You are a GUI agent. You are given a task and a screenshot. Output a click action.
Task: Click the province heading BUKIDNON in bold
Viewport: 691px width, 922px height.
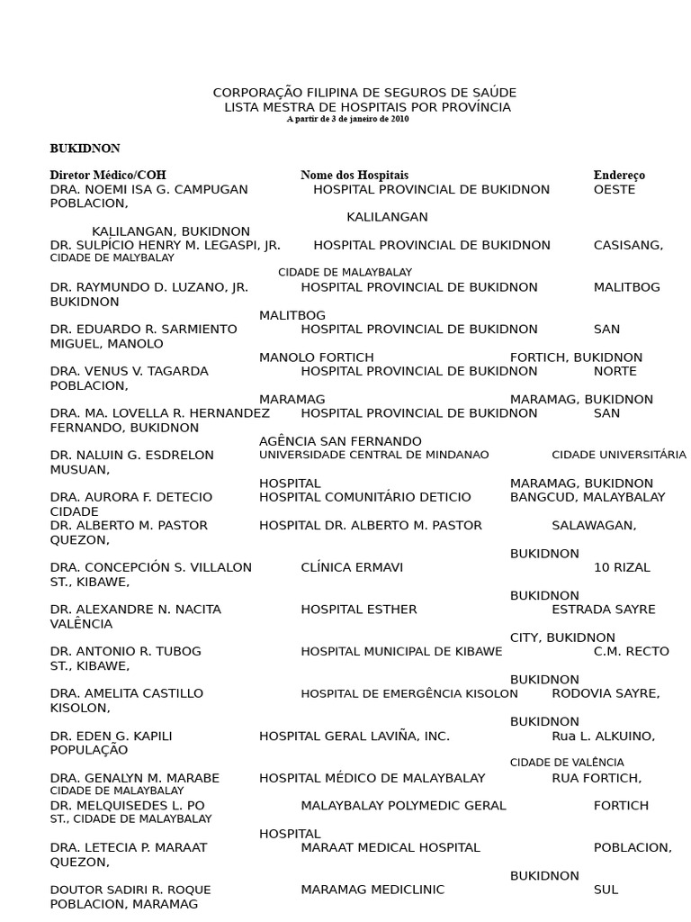coord(85,149)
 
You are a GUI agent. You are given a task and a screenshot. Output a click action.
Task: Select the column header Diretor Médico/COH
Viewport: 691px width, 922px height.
coord(108,175)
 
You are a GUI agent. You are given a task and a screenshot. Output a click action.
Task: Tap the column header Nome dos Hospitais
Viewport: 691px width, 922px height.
coord(354,175)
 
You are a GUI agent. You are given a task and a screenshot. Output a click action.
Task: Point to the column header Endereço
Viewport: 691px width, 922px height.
coord(619,175)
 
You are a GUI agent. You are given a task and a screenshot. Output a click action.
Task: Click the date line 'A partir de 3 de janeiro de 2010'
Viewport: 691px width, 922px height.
coord(347,119)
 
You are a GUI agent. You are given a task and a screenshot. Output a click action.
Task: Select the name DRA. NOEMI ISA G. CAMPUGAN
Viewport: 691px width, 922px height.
coord(149,190)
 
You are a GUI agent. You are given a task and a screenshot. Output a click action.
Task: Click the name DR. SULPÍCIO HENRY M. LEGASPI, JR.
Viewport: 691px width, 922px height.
coord(166,245)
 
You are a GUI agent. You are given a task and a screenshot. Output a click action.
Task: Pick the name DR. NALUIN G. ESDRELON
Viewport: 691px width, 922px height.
coord(132,456)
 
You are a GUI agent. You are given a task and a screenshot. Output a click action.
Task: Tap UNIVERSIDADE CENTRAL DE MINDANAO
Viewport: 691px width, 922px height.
coord(374,456)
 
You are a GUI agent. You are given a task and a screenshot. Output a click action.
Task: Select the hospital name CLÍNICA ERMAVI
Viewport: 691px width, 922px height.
coord(352,568)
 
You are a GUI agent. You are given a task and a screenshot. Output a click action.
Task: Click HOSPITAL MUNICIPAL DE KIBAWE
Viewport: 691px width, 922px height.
coord(401,652)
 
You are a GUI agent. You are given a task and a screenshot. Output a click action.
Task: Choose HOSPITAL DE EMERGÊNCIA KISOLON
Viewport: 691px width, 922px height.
coord(409,694)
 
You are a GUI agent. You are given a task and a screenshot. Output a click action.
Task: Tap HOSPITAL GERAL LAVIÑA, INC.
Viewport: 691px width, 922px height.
coord(354,737)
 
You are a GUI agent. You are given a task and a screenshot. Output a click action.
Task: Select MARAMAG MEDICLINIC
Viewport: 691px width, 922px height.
coord(372,890)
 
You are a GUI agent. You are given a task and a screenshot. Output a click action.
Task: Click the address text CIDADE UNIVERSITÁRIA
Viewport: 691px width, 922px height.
coord(619,456)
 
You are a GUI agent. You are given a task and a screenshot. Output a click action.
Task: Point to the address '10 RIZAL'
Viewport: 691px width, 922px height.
coord(622,568)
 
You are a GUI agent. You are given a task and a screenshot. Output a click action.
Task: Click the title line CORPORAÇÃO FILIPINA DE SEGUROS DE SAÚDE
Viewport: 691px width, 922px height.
coord(364,94)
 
